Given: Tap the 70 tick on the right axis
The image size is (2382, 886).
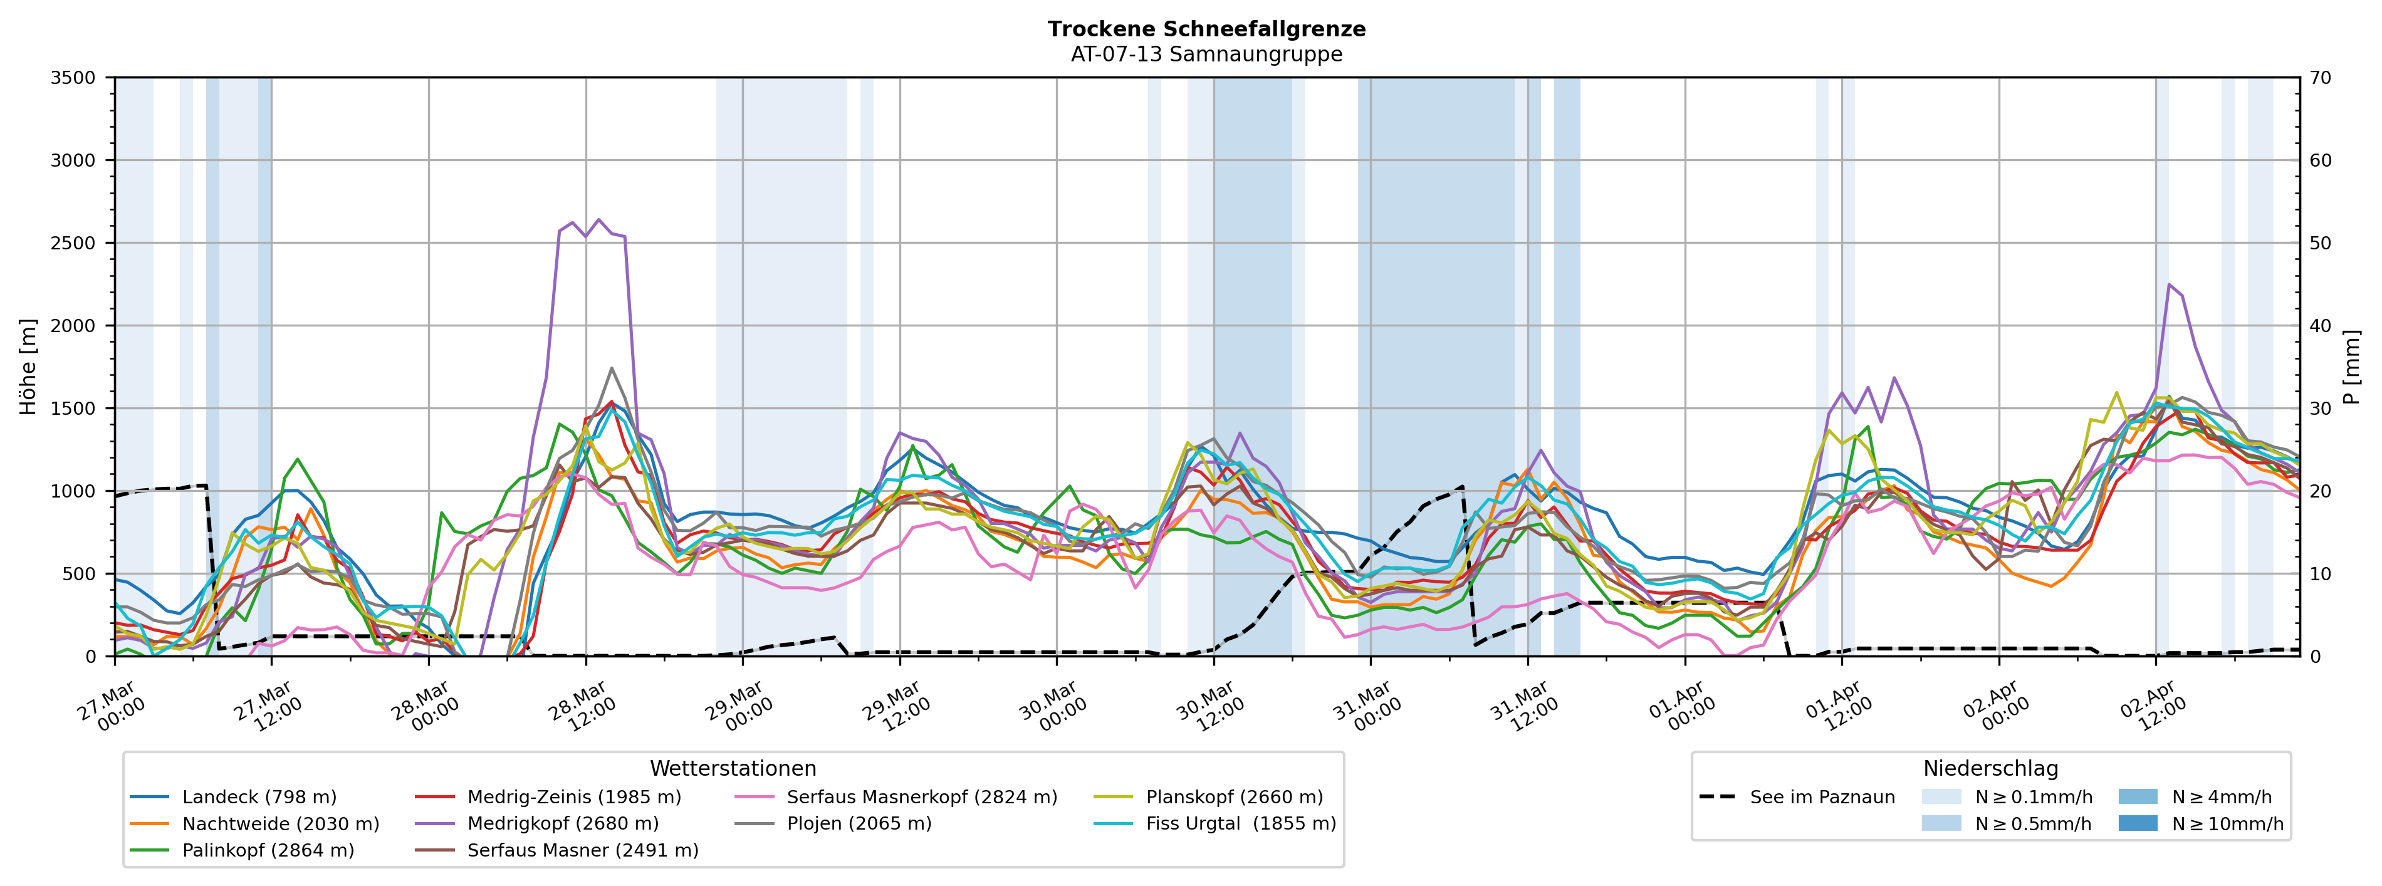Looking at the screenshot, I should tap(2320, 78).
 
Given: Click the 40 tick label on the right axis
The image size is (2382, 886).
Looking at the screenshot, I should tap(2320, 326).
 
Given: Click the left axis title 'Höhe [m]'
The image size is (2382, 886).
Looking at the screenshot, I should tap(29, 367).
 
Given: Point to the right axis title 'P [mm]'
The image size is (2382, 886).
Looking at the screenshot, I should tap(2353, 367).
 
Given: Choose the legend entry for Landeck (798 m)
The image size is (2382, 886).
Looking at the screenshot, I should tap(259, 797).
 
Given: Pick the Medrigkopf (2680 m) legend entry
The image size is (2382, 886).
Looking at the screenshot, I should tap(562, 824).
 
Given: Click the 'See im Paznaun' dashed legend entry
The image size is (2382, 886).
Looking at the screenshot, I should tap(1822, 797).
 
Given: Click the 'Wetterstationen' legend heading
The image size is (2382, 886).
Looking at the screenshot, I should tap(733, 769).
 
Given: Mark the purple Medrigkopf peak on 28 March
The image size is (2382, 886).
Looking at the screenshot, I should tap(598, 220).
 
